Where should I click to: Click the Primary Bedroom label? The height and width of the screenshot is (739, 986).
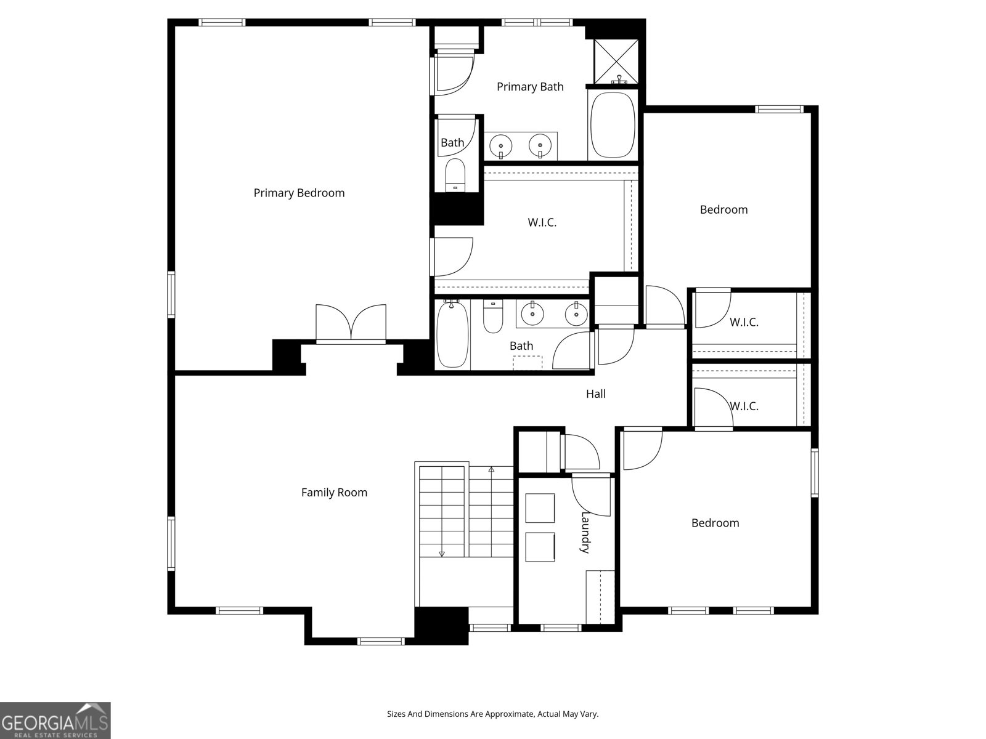[x=299, y=193]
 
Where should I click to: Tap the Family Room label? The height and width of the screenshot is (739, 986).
[x=334, y=492]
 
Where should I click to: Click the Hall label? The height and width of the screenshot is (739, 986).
[x=595, y=394]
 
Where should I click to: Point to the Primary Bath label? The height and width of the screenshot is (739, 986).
[x=530, y=87]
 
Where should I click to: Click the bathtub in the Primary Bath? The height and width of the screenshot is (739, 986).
[x=613, y=125]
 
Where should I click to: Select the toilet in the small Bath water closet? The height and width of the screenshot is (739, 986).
[x=455, y=175]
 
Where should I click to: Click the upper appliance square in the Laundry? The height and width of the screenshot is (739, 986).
[x=540, y=508]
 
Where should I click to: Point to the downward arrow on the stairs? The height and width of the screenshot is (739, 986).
[x=442, y=552]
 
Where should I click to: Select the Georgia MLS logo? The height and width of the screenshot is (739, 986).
[x=55, y=720]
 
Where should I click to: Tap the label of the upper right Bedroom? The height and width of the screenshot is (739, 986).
[x=723, y=209]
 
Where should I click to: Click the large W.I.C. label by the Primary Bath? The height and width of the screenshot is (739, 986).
[x=542, y=222]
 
